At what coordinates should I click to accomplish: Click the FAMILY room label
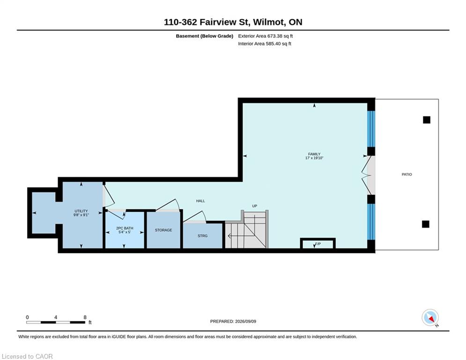click(x=314, y=154)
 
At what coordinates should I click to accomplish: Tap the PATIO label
click(x=407, y=174)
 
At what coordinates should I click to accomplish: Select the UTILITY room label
click(x=81, y=211)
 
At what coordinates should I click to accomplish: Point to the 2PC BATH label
click(x=125, y=228)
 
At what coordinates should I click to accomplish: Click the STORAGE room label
click(x=163, y=230)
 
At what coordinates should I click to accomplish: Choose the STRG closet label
click(x=202, y=236)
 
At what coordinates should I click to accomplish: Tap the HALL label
click(x=200, y=201)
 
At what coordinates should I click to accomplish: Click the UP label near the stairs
click(x=254, y=206)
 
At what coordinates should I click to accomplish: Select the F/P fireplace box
click(x=318, y=243)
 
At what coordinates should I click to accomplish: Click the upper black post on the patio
click(x=427, y=120)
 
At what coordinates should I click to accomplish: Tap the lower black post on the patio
click(x=426, y=224)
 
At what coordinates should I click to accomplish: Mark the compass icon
click(x=430, y=317)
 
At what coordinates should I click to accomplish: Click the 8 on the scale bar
click(x=85, y=317)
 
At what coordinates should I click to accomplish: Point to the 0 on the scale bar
click(x=27, y=317)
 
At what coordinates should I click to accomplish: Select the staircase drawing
click(x=247, y=229)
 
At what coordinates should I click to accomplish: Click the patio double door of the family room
click(x=368, y=175)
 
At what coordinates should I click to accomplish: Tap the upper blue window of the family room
click(x=371, y=129)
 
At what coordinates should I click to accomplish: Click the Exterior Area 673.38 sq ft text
click(x=266, y=36)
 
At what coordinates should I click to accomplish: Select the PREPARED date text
click(x=233, y=321)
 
